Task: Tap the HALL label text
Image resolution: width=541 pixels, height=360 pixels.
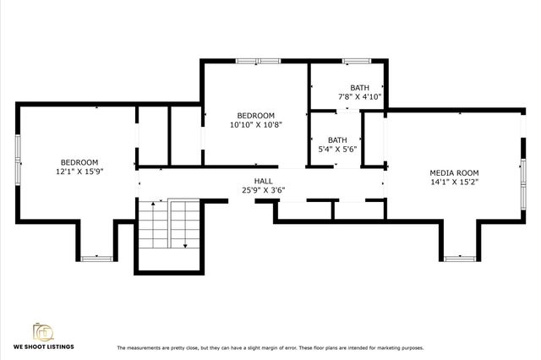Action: tap(263, 181)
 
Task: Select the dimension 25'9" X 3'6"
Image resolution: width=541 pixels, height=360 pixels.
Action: tap(263, 190)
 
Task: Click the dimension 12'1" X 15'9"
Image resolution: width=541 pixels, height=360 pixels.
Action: tap(79, 172)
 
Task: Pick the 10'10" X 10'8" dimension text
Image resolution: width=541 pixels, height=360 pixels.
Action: tap(255, 124)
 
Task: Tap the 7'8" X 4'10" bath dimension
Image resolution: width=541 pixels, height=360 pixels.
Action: tap(360, 96)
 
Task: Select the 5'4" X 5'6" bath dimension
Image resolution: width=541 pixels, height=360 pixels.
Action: tap(337, 150)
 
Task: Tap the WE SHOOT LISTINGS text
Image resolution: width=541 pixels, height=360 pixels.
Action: tap(43, 347)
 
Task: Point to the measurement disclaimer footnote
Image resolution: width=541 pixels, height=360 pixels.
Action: tap(270, 347)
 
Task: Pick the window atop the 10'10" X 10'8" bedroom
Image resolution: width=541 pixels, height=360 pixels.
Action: tap(249, 60)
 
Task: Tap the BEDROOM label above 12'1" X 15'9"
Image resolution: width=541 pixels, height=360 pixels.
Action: tap(79, 162)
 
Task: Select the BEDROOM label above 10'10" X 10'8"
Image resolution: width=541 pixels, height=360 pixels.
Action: tap(255, 115)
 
